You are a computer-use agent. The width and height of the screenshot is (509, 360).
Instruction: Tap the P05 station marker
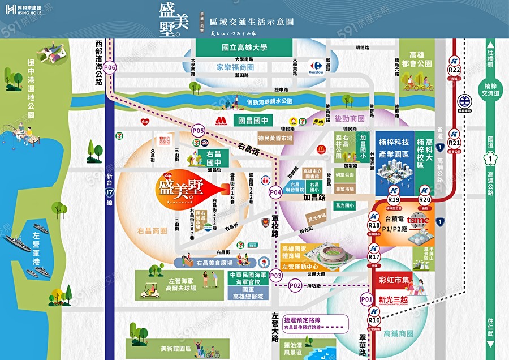click(198, 131)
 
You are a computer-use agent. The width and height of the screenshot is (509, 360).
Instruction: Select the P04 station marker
click(275, 192)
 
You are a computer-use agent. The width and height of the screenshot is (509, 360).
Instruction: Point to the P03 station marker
click(275, 275)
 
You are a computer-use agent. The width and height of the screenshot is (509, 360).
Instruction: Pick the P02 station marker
click(295, 286)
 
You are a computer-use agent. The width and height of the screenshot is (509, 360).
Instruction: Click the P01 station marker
click(366, 299)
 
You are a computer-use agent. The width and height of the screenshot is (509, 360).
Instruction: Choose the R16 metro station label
click(374, 321)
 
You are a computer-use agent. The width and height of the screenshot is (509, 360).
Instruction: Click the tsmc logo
click(419, 220)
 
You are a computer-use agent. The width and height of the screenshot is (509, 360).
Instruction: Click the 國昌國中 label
click(255, 120)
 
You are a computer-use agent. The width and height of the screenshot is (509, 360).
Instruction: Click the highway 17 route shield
click(110, 192)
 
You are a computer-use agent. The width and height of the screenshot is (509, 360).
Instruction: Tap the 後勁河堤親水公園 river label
click(270, 102)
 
